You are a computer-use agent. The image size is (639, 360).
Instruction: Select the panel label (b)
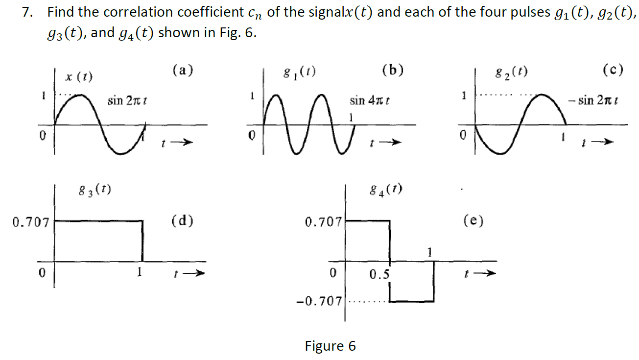click(x=392, y=70)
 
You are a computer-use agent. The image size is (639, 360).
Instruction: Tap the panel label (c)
click(x=613, y=70)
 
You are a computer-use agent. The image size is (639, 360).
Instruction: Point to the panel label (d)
click(x=182, y=221)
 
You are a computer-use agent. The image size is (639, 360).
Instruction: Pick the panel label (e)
click(x=473, y=221)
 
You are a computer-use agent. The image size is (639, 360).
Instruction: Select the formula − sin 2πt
click(x=593, y=101)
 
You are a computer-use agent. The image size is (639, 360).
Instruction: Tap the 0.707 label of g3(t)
click(x=30, y=223)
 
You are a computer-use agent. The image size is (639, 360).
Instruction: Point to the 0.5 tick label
click(x=379, y=275)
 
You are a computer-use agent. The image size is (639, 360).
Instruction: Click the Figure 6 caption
click(x=330, y=346)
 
